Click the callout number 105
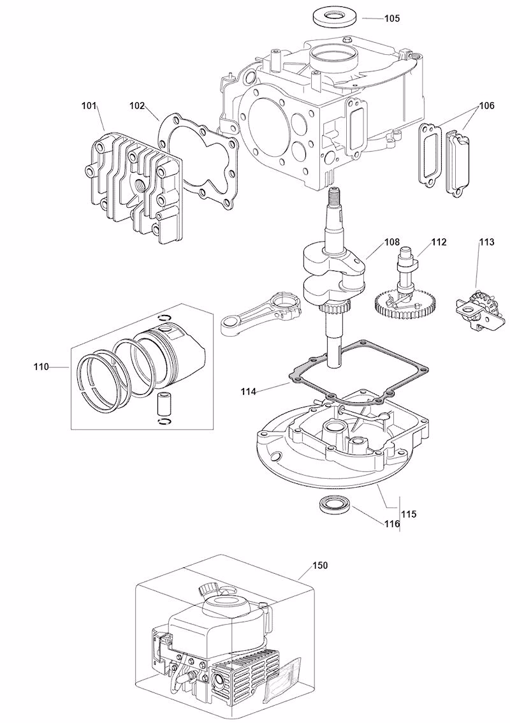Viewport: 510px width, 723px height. tap(391, 18)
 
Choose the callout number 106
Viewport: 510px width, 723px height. tap(486, 106)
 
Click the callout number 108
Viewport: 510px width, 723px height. tap(391, 242)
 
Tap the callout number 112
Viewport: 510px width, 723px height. tap(439, 242)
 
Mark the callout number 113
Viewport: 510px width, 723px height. tap(486, 242)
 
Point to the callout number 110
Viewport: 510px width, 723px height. tap(41, 367)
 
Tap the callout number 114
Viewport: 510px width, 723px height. tap(249, 391)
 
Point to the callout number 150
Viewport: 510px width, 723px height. tap(321, 566)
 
